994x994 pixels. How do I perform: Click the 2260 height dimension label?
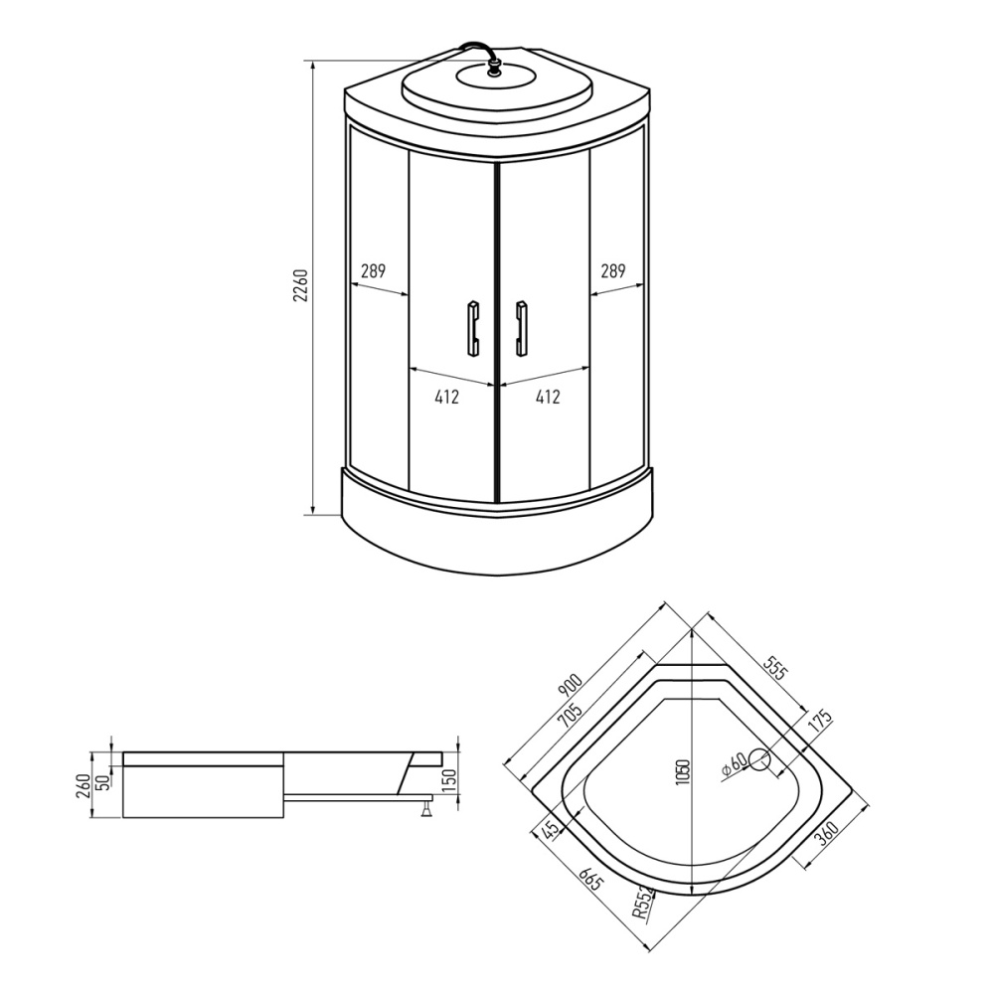coord(301,285)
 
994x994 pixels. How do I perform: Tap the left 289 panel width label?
coord(373,271)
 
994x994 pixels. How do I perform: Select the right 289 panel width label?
coord(613,271)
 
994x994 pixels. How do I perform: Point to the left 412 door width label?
coord(447,397)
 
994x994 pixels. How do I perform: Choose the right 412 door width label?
coord(548,397)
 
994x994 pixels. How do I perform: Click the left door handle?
coord(473,328)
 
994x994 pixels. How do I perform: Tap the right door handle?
coord(522,328)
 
